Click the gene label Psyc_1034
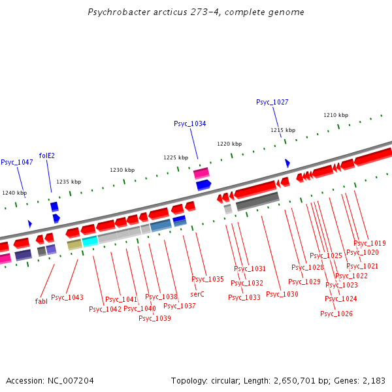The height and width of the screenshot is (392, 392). (x=189, y=123)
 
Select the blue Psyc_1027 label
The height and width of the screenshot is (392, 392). (x=272, y=102)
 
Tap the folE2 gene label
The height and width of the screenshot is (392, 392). (x=46, y=155)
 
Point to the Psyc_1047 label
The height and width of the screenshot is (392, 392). (x=17, y=162)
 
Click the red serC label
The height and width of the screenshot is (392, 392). (x=197, y=294)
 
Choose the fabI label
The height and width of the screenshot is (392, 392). (x=41, y=301)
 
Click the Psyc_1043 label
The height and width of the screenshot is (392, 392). (x=67, y=297)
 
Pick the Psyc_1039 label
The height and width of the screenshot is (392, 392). (x=155, y=318)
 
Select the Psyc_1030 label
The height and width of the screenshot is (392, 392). (x=282, y=294)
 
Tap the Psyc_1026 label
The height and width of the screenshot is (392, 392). (x=336, y=314)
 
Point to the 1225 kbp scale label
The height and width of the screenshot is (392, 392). (x=176, y=157)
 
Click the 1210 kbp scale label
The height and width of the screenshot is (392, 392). (x=336, y=115)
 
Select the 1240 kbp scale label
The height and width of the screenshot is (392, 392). (x=14, y=193)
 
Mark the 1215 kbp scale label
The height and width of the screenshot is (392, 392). (x=283, y=130)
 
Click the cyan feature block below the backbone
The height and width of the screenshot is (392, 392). (x=90, y=240)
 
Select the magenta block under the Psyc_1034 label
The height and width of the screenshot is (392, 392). (x=201, y=172)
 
